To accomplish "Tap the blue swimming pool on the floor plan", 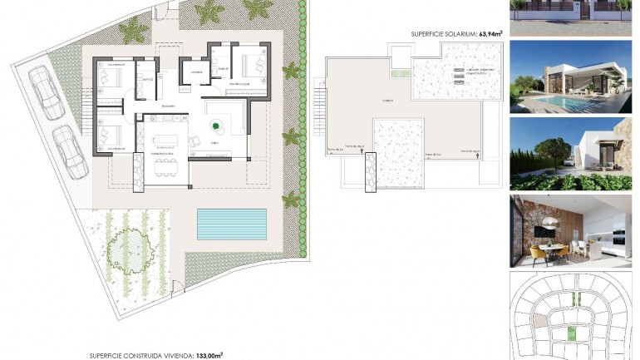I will point(233,221).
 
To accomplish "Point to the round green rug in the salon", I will point(217,126).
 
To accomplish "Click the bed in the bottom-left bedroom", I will point(108,133).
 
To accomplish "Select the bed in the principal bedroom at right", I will point(247,63).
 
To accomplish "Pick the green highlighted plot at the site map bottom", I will point(572,334).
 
